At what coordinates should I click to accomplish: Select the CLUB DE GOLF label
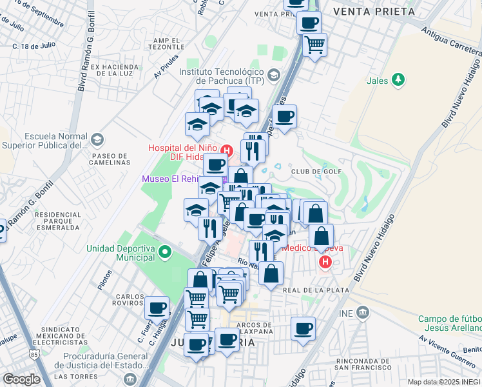pyautogui.click(x=316, y=172)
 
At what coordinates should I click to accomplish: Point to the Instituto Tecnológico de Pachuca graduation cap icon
pyautogui.click(x=273, y=75)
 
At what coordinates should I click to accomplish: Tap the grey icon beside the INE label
pyautogui.click(x=363, y=313)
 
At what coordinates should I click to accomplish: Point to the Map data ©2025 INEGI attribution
pyautogui.click(x=443, y=382)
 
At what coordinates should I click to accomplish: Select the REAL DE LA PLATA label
pyautogui.click(x=316, y=291)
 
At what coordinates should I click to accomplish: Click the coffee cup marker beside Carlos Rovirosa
pyautogui.click(x=157, y=308)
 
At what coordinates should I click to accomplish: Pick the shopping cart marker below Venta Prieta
pyautogui.click(x=314, y=45)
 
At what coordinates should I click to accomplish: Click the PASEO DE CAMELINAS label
pyautogui.click(x=111, y=159)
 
